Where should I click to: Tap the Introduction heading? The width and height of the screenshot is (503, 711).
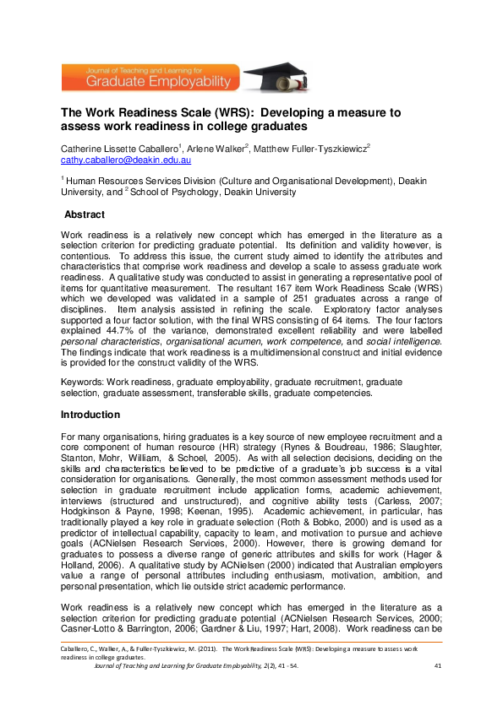[90, 415]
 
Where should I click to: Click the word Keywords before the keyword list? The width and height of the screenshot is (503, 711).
[81, 382]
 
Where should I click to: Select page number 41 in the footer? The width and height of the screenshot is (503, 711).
[437, 666]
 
